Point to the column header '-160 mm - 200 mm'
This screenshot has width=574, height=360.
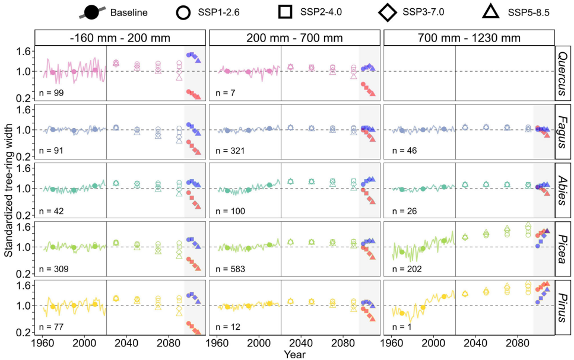120,38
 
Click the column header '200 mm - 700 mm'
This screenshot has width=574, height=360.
294,38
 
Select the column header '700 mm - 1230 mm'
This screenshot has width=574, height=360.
469,38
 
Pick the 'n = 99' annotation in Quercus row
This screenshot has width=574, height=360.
51,94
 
